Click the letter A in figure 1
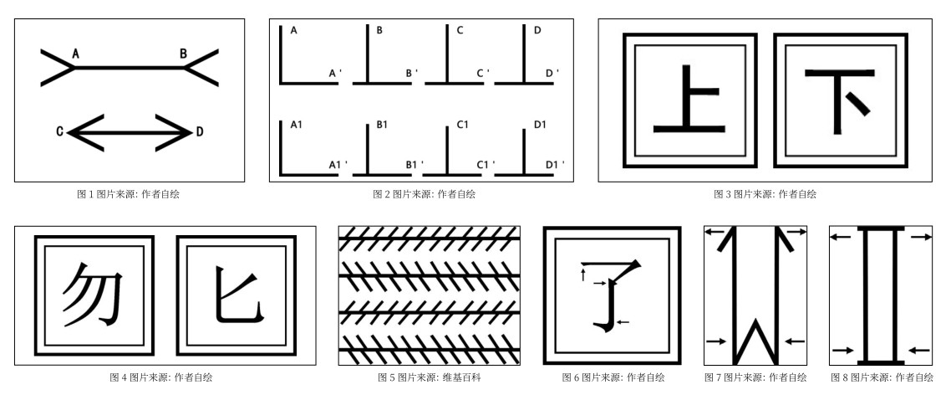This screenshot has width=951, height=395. tap(75, 54)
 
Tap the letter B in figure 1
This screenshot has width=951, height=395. tap(183, 54)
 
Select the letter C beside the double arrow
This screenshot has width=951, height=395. tap(60, 131)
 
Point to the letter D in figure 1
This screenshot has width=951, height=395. tap(199, 131)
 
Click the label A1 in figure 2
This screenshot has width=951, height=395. tap(297, 125)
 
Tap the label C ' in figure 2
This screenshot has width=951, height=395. tap(483, 74)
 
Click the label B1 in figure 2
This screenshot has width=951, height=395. tap(382, 125)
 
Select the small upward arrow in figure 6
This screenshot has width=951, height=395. tap(582, 274)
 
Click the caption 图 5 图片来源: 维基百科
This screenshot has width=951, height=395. tap(429, 377)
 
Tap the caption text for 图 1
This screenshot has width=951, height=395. tap(128, 194)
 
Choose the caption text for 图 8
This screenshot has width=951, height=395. tap(882, 377)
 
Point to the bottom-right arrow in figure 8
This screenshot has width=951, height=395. tap(919, 349)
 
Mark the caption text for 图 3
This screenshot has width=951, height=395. tap(765, 194)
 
